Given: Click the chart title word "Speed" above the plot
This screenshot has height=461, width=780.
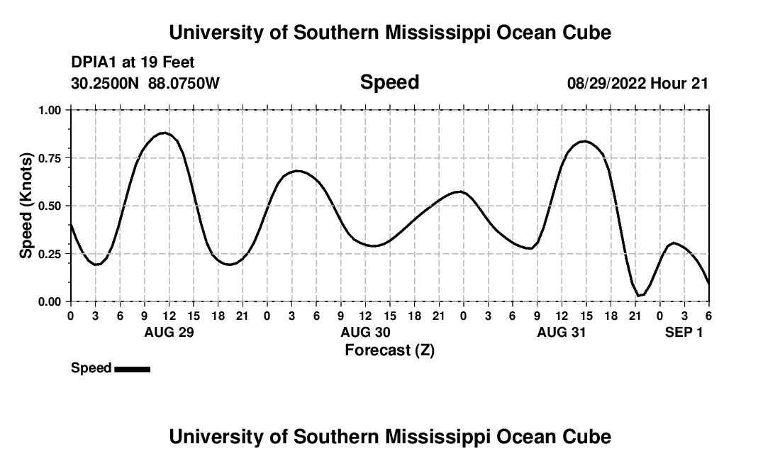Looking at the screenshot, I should [390, 82].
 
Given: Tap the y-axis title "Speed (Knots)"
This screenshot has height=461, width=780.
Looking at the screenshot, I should [26, 206].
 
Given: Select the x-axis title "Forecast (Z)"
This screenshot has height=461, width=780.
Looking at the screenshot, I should [389, 350].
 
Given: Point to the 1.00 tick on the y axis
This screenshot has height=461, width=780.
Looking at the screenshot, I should [50, 110].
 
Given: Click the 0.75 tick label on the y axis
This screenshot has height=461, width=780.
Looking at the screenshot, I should [50, 158].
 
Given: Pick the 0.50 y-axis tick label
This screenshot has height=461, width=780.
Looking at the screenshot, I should [50, 206].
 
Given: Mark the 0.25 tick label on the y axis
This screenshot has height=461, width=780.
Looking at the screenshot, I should [50, 254].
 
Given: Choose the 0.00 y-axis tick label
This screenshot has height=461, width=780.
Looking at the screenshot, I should [50, 301].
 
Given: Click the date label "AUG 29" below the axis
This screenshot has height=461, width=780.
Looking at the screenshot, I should [169, 332].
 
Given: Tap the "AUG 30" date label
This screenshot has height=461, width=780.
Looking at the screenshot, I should [365, 332].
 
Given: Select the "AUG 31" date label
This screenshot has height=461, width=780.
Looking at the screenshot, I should [562, 332].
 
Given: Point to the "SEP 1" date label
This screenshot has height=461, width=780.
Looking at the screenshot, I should [684, 332].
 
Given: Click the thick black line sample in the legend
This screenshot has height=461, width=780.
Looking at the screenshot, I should [132, 369].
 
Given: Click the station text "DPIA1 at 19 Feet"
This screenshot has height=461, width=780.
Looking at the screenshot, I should [133, 63].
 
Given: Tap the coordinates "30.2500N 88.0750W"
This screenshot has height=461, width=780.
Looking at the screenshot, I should [145, 84].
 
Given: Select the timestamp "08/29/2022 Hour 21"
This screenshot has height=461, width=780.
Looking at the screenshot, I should [637, 84].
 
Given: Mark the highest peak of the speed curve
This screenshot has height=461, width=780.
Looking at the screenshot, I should [164, 133].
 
